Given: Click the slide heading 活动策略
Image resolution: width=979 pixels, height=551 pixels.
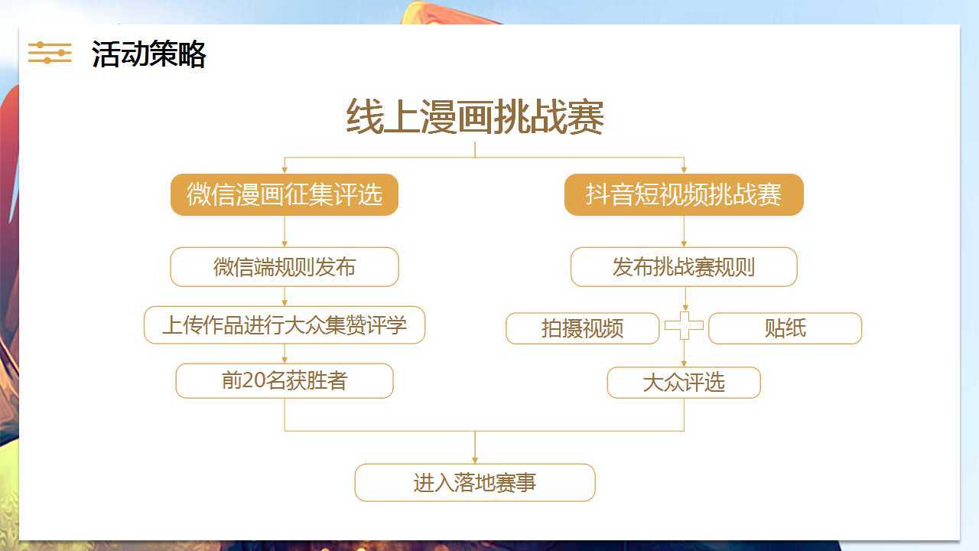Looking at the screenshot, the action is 148,54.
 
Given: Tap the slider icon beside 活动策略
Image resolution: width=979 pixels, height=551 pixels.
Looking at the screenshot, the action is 50,53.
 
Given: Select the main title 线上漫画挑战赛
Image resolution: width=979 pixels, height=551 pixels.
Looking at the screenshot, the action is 475,116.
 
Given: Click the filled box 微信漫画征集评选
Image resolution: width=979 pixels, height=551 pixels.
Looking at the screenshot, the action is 285,194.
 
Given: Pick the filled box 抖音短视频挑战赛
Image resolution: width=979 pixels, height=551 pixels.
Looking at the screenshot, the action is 684,194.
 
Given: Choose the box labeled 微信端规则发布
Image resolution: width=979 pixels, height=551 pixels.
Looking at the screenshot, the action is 285,267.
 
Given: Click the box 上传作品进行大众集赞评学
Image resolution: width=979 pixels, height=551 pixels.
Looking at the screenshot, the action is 285,325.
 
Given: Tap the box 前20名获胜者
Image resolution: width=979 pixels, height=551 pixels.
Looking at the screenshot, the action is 285,380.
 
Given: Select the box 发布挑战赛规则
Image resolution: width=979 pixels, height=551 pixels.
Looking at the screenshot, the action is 684,267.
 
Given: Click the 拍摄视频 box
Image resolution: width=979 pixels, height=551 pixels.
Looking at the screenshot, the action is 583,328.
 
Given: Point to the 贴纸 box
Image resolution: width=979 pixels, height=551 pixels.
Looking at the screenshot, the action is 785,328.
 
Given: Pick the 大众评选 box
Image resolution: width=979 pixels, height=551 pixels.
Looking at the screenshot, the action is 684,383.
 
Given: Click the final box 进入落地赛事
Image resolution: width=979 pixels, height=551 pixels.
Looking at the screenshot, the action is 475,483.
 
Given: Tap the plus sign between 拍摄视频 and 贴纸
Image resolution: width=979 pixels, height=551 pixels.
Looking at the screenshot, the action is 685,325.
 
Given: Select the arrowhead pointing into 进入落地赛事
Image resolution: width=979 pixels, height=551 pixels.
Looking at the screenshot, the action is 475,461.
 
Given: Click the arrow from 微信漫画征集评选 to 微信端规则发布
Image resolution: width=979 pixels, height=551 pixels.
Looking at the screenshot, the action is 285,231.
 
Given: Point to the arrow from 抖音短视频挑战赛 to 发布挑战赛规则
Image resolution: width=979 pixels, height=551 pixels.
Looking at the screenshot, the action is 684,231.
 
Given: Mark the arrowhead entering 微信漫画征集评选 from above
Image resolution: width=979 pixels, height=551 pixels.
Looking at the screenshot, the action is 285,170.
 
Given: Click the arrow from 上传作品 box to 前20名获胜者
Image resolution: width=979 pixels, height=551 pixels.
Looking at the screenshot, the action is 285,354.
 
